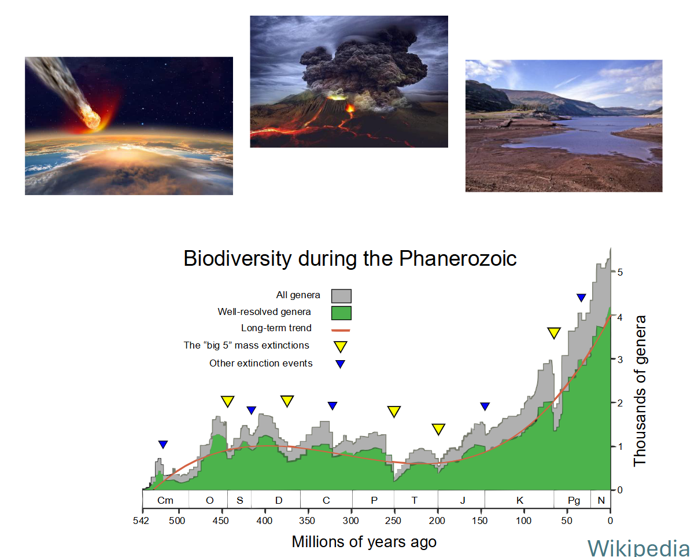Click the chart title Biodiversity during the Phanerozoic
350,258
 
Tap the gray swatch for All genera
341,295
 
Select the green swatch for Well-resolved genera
341,313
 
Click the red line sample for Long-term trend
341,329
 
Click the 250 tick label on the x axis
394,520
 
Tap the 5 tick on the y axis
620,272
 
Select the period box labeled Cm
165,500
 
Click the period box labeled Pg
573,500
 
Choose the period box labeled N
601,500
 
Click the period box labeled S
239,500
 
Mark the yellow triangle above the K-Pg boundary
554,333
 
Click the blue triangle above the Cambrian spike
163,444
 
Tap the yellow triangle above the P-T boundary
394,412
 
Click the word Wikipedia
638,547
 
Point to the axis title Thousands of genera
640,391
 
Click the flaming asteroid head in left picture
92,118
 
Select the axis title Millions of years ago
364,542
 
